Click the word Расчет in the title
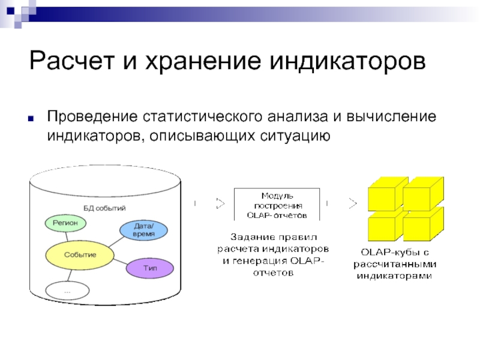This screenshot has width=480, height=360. point(72,61)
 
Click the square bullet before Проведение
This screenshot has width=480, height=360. point(31,118)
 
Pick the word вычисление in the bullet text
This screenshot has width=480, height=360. point(391,116)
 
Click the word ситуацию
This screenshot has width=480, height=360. point(295,136)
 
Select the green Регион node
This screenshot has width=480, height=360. point(65,223)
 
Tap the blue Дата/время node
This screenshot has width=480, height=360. point(143,230)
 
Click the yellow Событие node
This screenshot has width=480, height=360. point(80,255)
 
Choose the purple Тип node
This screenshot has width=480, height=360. point(150,268)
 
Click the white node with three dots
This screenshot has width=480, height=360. point(67,290)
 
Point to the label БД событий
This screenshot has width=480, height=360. point(104,208)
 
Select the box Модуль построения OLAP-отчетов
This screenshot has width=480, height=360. point(277,205)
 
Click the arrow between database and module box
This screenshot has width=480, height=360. point(209,203)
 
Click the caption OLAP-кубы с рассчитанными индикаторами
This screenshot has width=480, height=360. point(395,264)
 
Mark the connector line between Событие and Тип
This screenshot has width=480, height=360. point(120,262)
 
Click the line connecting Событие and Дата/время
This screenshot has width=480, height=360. point(116,242)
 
